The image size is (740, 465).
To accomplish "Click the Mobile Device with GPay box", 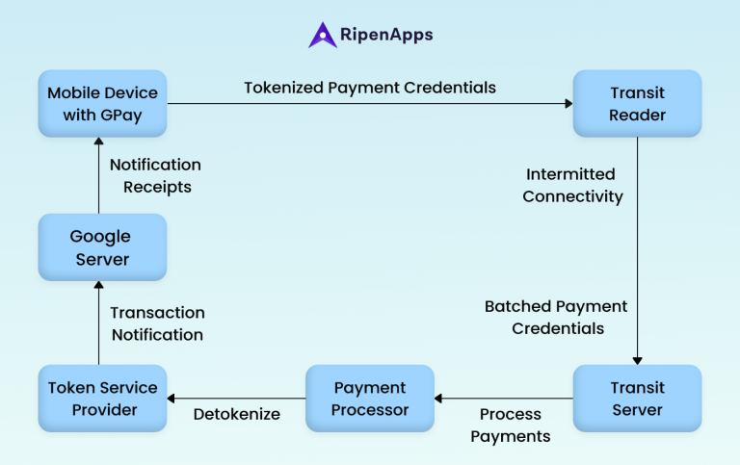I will [103, 103].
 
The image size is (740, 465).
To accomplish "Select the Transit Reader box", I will [637, 103].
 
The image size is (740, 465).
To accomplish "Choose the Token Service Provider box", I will [103, 398].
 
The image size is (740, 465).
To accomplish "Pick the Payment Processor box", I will [370, 398].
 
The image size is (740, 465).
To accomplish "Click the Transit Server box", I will [637, 398].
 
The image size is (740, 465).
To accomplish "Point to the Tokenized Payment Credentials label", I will [370, 88].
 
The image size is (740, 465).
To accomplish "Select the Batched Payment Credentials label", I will [557, 317].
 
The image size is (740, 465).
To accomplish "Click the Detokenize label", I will [236, 415].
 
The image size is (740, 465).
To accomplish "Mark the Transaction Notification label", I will [157, 323].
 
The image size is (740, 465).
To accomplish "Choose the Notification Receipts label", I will [154, 176].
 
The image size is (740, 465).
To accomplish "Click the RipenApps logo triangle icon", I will [322, 36].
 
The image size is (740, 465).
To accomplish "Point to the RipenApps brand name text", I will [386, 36].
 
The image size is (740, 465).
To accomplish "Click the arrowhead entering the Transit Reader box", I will [567, 103].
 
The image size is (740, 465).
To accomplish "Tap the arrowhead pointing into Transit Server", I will [637, 359].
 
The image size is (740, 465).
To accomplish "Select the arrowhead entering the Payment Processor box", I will [440, 398].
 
